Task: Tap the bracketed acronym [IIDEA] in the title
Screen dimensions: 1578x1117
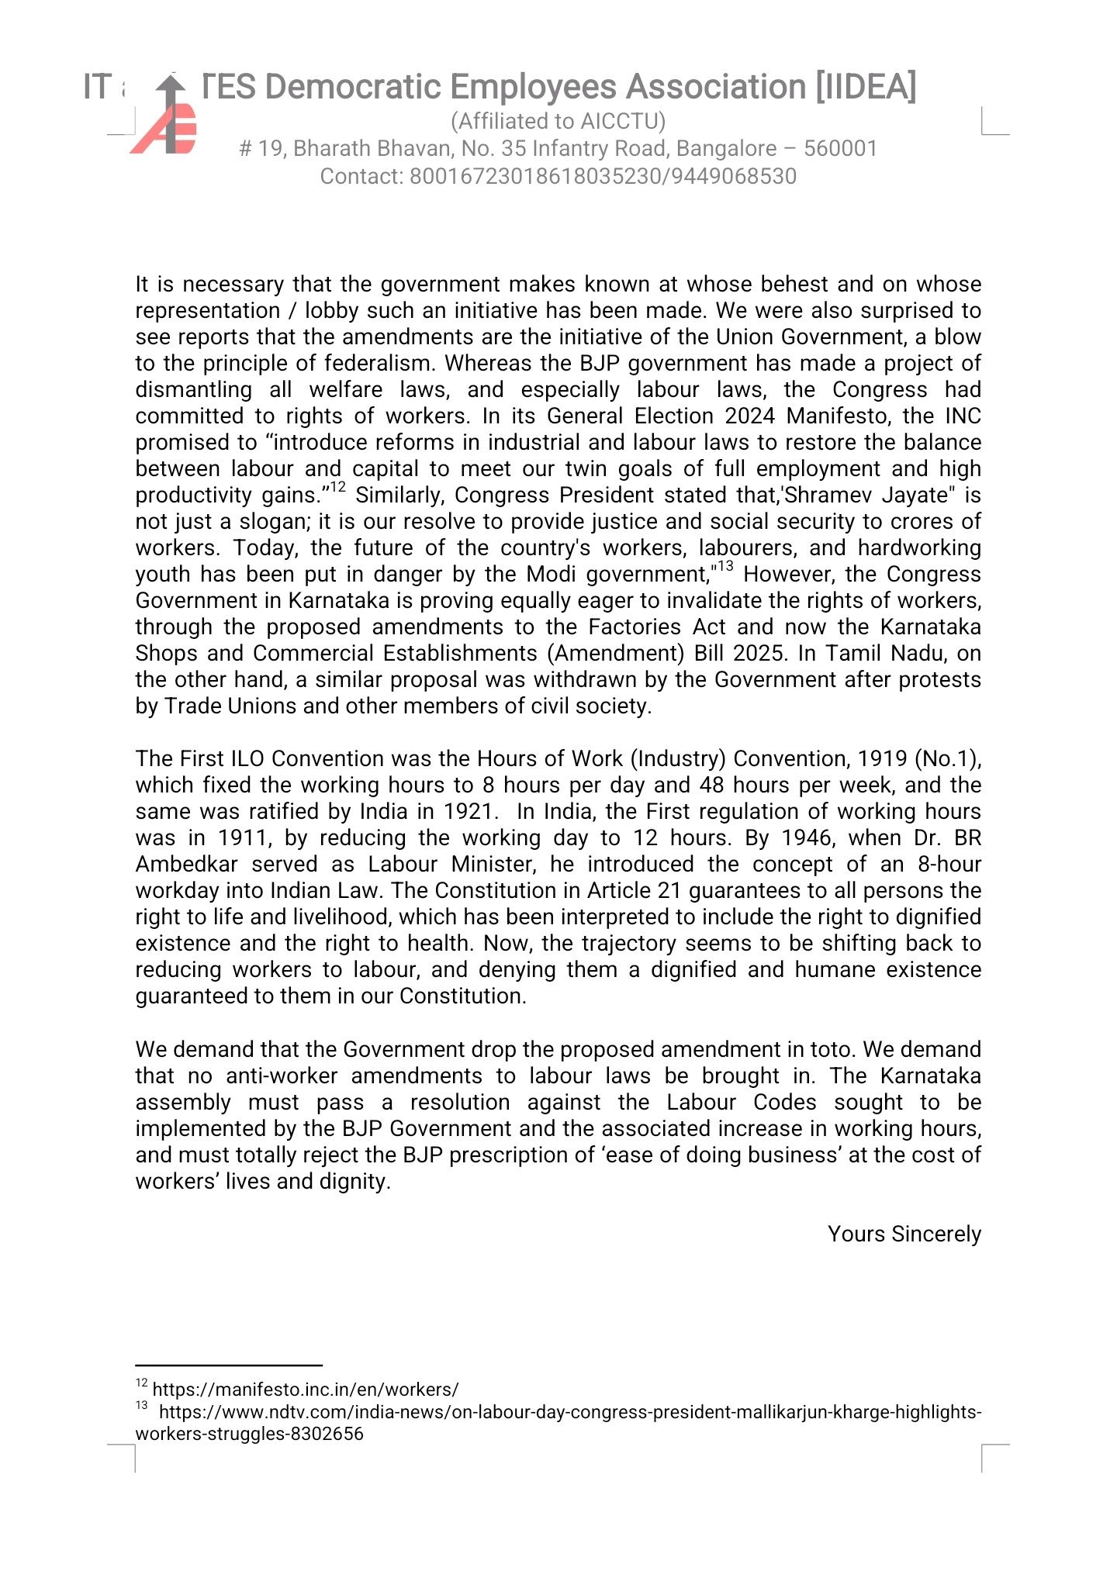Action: pyautogui.click(x=865, y=87)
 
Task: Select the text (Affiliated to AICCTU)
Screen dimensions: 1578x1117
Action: pyautogui.click(x=558, y=121)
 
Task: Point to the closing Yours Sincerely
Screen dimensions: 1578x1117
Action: pyautogui.click(x=904, y=1234)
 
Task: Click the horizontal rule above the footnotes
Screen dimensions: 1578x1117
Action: pyautogui.click(x=229, y=1365)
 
